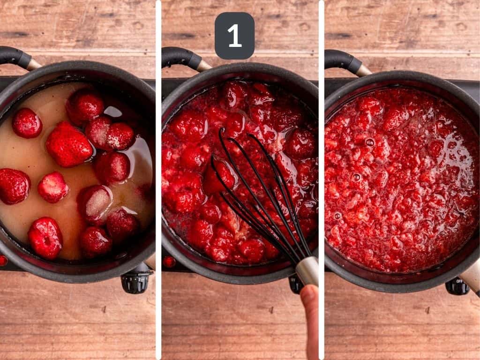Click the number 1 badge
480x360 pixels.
pyautogui.click(x=234, y=36)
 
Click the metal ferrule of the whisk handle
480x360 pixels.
pyautogui.click(x=307, y=270)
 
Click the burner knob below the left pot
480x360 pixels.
pyautogui.click(x=135, y=282)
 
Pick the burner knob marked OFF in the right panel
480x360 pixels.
pyautogui.click(x=457, y=285)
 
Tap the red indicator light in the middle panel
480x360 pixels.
pyautogui.click(x=169, y=262)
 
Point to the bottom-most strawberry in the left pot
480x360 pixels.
pyautogui.click(x=46, y=238)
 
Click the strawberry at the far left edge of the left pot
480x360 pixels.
pyautogui.click(x=13, y=186)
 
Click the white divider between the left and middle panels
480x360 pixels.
pyautogui.click(x=158, y=180)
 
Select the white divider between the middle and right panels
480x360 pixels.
pyautogui.click(x=321, y=180)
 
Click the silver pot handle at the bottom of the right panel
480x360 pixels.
pyautogui.click(x=471, y=277)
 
